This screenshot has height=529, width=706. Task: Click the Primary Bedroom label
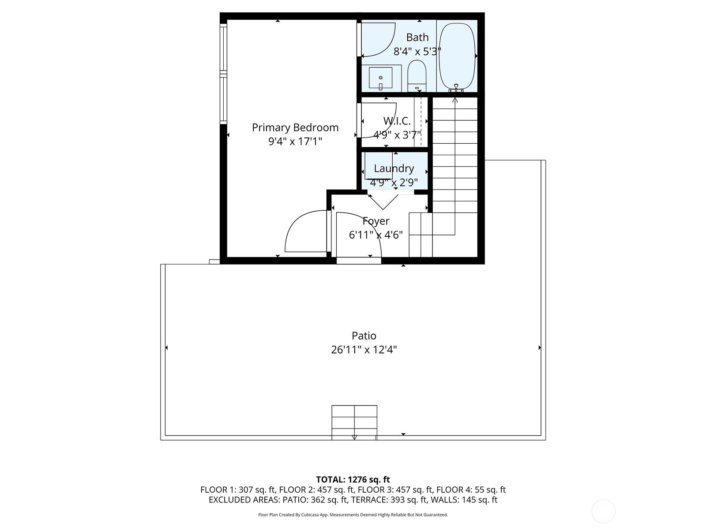click(x=295, y=127)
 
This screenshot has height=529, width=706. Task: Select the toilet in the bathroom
click(x=416, y=74)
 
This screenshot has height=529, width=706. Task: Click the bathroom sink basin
click(x=380, y=78)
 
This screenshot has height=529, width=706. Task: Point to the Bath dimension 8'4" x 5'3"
click(x=417, y=52)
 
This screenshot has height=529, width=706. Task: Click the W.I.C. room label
click(x=397, y=120)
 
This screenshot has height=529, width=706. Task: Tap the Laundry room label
click(x=394, y=168)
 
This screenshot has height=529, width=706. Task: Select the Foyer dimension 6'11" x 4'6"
click(x=376, y=235)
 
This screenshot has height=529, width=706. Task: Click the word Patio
click(x=364, y=336)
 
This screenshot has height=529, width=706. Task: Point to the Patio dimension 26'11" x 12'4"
click(x=364, y=350)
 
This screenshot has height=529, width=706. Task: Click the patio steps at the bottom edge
click(x=354, y=422)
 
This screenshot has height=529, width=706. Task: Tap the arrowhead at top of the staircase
click(x=455, y=100)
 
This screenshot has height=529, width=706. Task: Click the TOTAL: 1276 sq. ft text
click(x=353, y=480)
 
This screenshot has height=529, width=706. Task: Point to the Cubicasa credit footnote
click(x=353, y=515)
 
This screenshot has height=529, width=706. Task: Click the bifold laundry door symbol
click(x=383, y=202)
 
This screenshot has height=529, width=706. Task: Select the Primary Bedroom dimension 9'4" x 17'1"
click(x=295, y=142)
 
